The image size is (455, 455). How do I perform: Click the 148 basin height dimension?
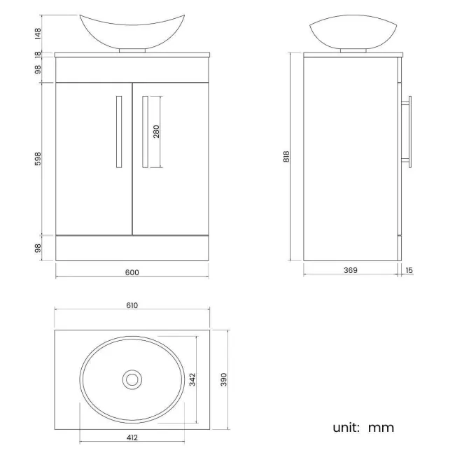pos(38,33)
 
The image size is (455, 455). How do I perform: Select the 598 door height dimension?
pos(38,159)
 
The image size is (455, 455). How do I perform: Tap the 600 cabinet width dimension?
pos(132,272)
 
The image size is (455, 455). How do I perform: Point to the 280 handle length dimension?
pos(157,132)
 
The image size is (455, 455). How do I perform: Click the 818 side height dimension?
pos(287,157)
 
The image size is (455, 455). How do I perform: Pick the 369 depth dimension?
pos(351,270)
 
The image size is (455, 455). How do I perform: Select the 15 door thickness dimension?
pos(409,270)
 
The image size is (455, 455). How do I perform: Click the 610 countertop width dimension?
pos(132,305)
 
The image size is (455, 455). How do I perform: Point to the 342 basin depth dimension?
pos(192,379)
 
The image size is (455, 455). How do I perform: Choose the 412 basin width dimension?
pos(132,437)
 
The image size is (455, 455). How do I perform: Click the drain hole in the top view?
pos(132,379)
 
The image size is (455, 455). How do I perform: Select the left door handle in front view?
pos(119,132)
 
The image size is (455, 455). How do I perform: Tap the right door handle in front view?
pos(145,132)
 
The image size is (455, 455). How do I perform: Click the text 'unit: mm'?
pos(363,427)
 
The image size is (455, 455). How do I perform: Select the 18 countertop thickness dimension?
pos(38,54)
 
